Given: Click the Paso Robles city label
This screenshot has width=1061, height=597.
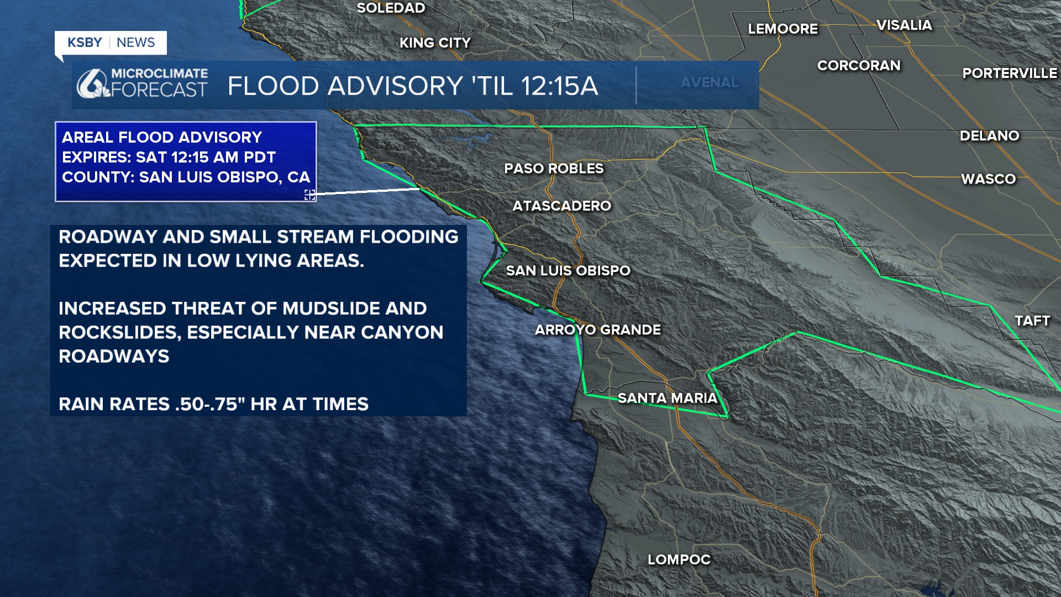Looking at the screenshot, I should coord(554,169).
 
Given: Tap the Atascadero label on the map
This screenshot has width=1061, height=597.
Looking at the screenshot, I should coord(561,206).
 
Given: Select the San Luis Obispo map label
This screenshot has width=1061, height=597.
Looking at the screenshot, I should coord(568,270).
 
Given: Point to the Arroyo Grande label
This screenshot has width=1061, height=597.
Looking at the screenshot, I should coord(597,330).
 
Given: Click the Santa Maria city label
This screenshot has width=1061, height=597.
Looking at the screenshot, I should coord(667,398).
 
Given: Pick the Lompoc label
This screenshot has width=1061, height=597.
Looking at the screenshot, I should coord(679,559).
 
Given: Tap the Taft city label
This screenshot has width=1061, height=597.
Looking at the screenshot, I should coord(1032,321).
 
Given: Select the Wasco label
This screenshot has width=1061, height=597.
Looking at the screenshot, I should coord(988,179).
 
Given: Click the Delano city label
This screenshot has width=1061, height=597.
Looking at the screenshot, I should coord(989,136).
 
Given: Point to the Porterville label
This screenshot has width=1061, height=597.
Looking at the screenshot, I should coord(1009,73).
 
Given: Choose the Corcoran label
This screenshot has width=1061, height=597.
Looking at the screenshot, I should coord(859,65).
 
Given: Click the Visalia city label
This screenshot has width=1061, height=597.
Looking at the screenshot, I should coord(904,25).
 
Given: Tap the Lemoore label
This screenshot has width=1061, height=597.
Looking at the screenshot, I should coord(782,29).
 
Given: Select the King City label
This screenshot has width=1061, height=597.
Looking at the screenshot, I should coord(435,43).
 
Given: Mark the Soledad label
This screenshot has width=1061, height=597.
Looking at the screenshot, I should coord(391,8).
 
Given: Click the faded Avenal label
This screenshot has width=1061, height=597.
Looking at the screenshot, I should coord(709,82).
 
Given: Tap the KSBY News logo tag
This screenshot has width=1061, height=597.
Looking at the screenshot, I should coord(111,43).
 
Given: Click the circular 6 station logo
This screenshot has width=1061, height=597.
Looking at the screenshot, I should coord(91,85).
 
